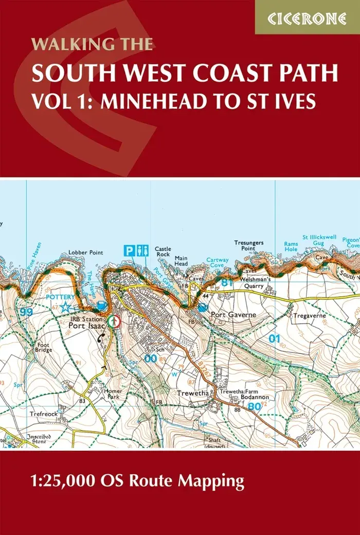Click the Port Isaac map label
click(84, 325)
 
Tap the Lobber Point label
click(86, 253)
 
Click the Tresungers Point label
click(248, 245)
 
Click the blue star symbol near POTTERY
click(66, 307)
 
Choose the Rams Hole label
click(291, 246)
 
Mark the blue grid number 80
click(254, 405)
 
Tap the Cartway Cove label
click(217, 262)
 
